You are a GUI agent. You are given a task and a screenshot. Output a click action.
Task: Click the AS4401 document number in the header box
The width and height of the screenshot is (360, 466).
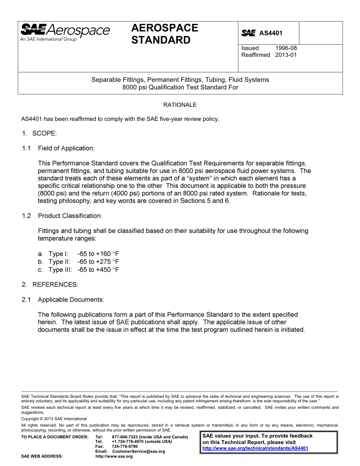tap(271, 33)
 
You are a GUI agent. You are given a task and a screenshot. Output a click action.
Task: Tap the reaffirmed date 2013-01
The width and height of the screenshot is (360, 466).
tap(286, 55)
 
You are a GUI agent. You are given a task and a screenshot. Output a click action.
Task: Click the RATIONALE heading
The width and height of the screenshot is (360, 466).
tap(180, 105)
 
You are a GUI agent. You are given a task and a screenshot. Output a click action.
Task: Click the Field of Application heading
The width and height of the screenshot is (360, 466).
tap(66, 148)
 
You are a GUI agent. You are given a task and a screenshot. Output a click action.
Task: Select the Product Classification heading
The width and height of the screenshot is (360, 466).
tap(70, 216)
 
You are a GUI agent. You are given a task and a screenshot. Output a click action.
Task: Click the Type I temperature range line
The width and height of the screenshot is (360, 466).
tap(84, 254)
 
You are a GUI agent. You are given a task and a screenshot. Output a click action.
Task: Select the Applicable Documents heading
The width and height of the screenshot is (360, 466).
tap(71, 300)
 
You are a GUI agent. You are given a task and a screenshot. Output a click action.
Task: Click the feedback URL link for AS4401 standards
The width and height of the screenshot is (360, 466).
tap(255, 448)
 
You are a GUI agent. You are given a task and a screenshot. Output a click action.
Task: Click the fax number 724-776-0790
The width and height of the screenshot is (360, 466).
tap(125, 447)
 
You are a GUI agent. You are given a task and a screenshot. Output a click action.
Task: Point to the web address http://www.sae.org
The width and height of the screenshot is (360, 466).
tap(114, 457)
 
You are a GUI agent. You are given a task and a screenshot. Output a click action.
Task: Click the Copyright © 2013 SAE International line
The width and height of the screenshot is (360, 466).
tap(54, 419)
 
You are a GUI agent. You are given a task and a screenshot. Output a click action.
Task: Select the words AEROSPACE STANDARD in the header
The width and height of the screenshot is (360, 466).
tap(164, 34)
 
